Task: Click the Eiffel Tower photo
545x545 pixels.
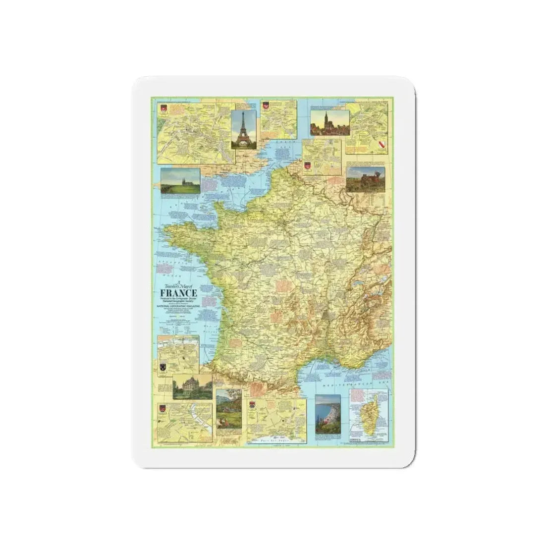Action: click(x=244, y=129)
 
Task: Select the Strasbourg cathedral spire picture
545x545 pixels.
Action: click(x=329, y=123)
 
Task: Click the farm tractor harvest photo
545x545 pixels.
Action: click(x=365, y=179)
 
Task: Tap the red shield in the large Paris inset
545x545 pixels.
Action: click(x=163, y=109)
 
